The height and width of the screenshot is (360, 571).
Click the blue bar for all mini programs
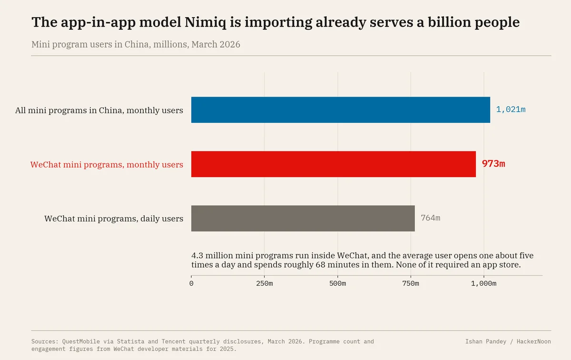click(341, 110)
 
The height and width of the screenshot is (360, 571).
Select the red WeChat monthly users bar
click(334, 164)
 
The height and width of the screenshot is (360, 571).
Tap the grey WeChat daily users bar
click(303, 219)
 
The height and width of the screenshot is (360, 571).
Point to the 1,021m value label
click(511, 110)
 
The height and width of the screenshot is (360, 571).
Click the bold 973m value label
click(493, 164)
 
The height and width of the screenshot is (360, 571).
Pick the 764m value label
click(430, 218)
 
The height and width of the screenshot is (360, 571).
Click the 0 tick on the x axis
click(191, 283)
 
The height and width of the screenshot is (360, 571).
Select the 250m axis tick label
click(265, 283)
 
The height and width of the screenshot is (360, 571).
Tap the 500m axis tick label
click(337, 283)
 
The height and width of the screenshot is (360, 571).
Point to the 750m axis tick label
click(411, 283)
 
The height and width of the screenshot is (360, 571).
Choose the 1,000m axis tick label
click(483, 283)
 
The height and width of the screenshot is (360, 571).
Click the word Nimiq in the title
click(205, 22)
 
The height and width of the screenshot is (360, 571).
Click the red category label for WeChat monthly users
click(107, 165)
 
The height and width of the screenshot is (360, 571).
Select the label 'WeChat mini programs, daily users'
click(114, 219)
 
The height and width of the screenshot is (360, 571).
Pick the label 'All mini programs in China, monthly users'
click(99, 110)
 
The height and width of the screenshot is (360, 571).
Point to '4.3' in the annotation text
click(197, 255)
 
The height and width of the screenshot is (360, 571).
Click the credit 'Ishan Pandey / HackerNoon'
click(508, 341)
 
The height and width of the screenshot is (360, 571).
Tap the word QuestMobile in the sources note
click(81, 341)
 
